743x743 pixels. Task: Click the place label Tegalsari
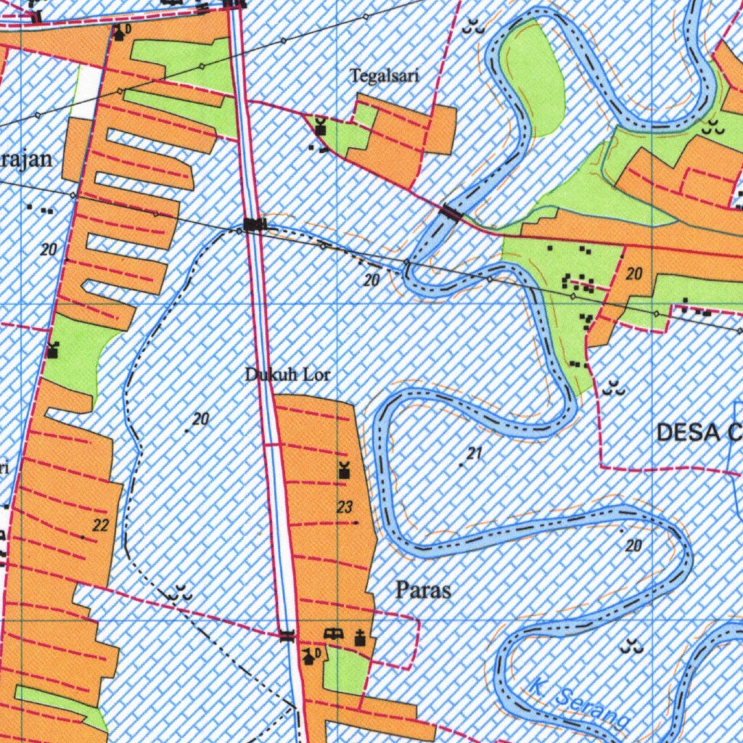pyautogui.click(x=385, y=75)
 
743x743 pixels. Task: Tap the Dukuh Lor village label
pyautogui.click(x=287, y=375)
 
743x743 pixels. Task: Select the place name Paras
pyautogui.click(x=423, y=590)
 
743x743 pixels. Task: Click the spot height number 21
pyautogui.click(x=475, y=454)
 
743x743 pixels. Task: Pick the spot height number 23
pyautogui.click(x=345, y=508)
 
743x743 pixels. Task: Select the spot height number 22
pyautogui.click(x=101, y=525)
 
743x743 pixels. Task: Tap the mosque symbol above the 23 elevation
pyautogui.click(x=344, y=471)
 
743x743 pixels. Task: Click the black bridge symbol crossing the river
pyautogui.click(x=452, y=213)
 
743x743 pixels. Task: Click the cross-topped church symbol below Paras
pyautogui.click(x=359, y=638)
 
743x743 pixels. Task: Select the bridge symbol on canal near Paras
pyautogui.click(x=288, y=636)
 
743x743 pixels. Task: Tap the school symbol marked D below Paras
pyautogui.click(x=311, y=657)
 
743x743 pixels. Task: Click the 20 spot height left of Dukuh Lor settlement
pyautogui.click(x=201, y=419)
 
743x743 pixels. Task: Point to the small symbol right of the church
pyautogui.click(x=333, y=634)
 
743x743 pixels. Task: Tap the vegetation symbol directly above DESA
pyautogui.click(x=615, y=387)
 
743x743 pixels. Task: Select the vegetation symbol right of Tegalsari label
pyautogui.click(x=475, y=28)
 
